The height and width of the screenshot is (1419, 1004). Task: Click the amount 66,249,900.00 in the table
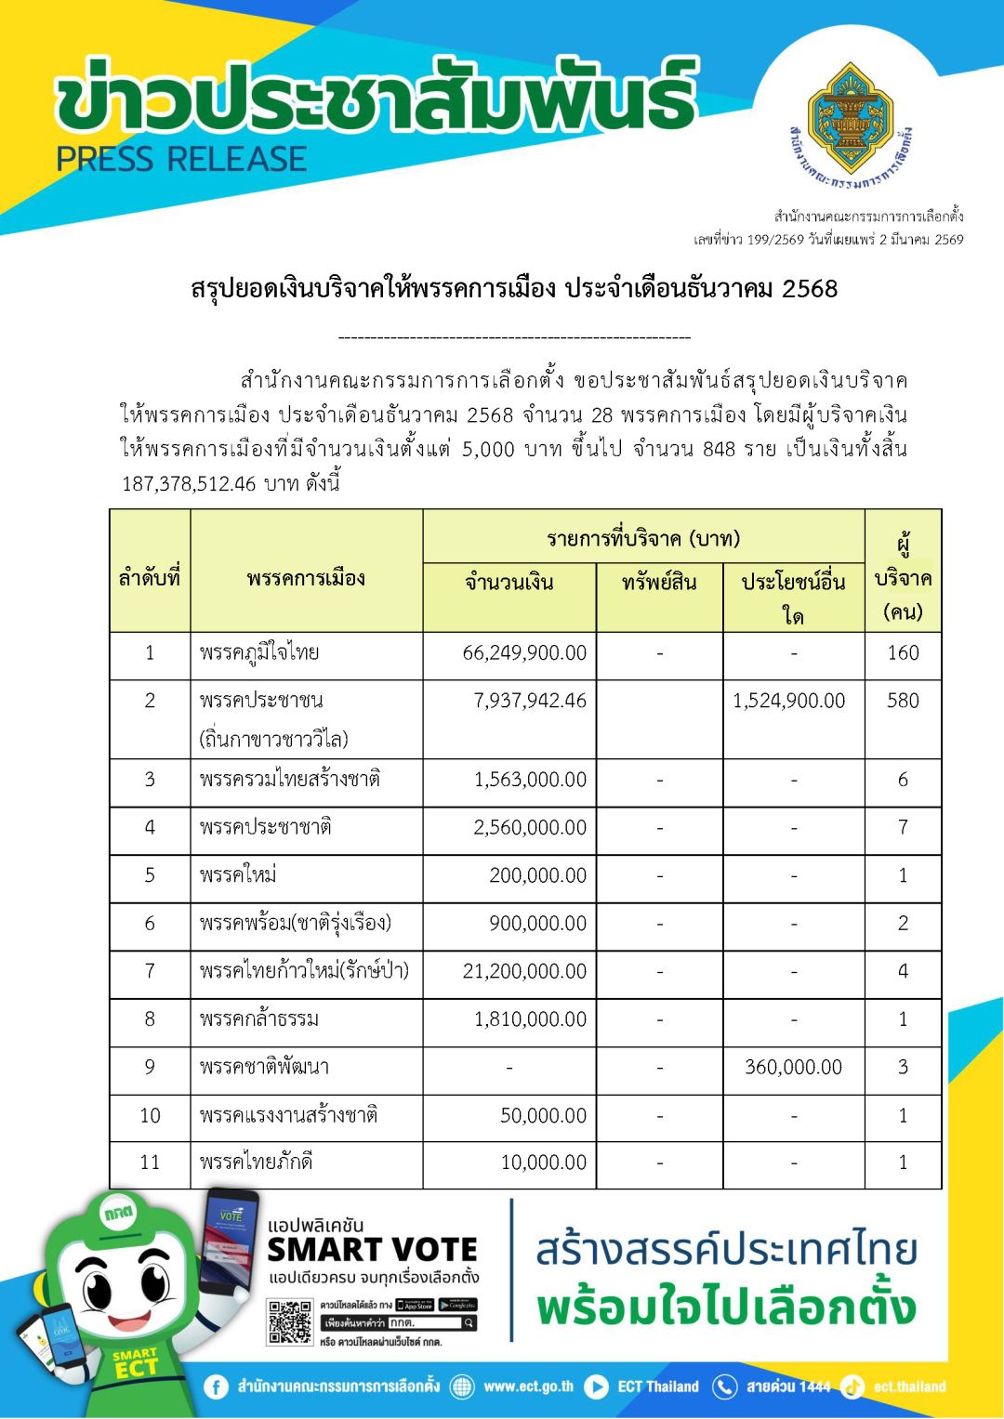(x=524, y=653)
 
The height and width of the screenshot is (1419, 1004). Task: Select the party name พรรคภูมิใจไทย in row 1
(x=259, y=653)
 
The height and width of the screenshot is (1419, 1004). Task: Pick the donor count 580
(x=903, y=701)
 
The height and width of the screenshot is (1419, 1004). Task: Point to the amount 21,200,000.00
(x=524, y=972)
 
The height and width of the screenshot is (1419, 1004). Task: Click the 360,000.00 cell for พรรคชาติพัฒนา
(x=793, y=1068)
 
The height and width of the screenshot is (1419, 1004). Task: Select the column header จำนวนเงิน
(x=509, y=583)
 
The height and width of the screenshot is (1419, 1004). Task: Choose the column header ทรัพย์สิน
(x=659, y=583)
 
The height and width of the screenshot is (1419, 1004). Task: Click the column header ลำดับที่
(x=150, y=578)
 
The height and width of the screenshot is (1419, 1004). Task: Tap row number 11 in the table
(x=150, y=1163)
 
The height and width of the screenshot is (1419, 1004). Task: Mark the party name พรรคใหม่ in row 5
(x=238, y=875)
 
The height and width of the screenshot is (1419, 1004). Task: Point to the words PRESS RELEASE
(x=181, y=160)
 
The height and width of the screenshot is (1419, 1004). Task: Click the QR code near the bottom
(x=290, y=1322)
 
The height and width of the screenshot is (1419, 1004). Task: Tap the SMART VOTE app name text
(x=372, y=1250)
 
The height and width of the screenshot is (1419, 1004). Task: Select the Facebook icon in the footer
(x=216, y=1387)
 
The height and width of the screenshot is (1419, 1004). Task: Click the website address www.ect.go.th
(x=528, y=1387)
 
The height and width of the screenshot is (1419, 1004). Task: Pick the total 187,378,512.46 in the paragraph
(x=189, y=484)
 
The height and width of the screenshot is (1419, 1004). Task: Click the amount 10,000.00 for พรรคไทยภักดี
(x=543, y=1163)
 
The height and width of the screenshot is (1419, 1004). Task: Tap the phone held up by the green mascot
(x=230, y=1241)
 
